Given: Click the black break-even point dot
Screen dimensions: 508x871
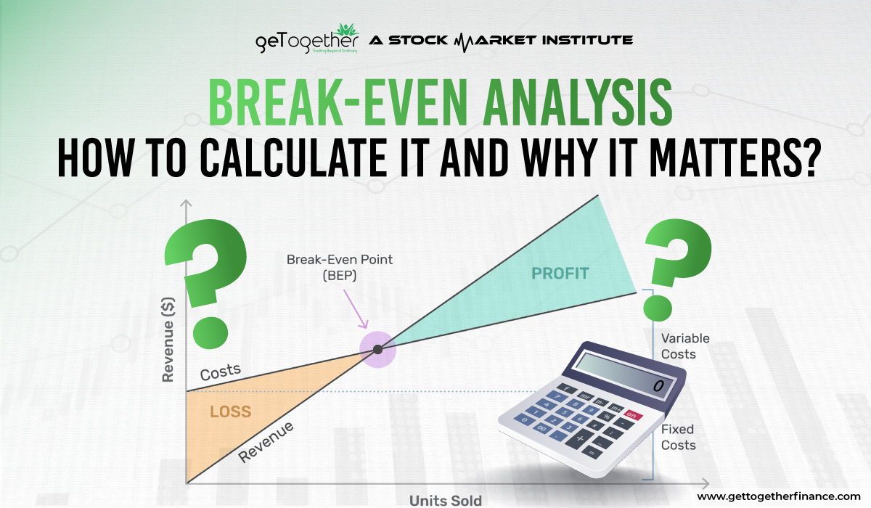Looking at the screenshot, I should click(x=377, y=350).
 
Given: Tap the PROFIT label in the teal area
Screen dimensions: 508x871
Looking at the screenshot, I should click(x=560, y=274).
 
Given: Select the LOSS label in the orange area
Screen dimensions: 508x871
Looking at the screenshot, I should click(x=231, y=412).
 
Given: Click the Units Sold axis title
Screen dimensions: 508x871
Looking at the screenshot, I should click(x=445, y=500).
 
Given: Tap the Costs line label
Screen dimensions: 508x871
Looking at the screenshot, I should click(x=220, y=372).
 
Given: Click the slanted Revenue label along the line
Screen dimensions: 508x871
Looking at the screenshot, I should click(x=266, y=441).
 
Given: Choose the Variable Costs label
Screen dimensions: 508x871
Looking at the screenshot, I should click(x=684, y=346).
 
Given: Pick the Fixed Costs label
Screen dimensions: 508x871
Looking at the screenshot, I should click(x=678, y=437).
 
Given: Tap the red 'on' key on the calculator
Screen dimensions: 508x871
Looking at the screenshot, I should click(x=634, y=415).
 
